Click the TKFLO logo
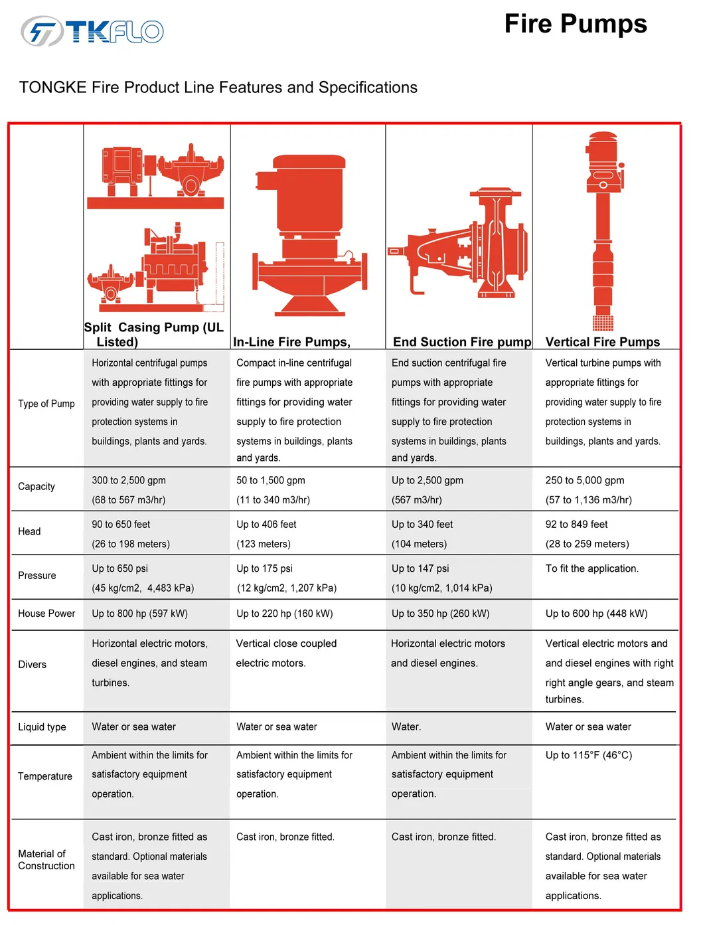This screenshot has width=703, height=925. (x=92, y=31)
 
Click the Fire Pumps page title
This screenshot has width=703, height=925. (x=575, y=24)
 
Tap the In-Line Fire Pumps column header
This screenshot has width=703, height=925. (x=291, y=342)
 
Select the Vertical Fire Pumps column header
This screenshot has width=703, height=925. (x=602, y=342)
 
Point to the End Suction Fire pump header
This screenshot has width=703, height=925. (x=462, y=342)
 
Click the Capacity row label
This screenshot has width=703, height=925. (x=37, y=487)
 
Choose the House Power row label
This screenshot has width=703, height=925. (x=46, y=614)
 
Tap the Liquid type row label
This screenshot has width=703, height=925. (x=42, y=727)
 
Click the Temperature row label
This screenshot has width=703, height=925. (x=45, y=776)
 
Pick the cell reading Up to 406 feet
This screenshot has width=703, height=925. (x=266, y=525)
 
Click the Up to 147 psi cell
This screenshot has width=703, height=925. (x=420, y=569)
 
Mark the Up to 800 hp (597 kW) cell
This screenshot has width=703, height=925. (x=139, y=614)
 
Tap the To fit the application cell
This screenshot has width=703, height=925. (x=591, y=569)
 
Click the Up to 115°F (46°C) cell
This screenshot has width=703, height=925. (x=588, y=756)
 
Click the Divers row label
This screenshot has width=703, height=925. (x=33, y=665)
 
